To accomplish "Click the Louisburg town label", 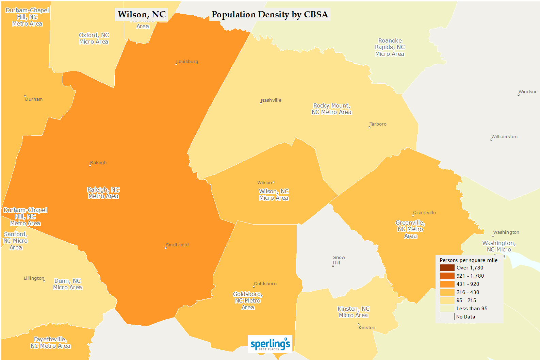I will (187, 62).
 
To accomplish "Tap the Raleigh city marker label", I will (98, 163).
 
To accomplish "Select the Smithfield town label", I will (177, 245).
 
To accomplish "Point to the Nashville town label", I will (271, 100).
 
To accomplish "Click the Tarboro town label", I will (378, 124).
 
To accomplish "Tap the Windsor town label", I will (527, 92).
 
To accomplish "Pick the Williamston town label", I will (504, 137).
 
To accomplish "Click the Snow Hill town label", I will (339, 260).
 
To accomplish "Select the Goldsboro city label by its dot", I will (265, 284).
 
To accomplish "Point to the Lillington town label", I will (34, 278).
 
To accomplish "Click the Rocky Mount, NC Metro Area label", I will (331, 109).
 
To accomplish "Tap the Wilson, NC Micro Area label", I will (274, 195).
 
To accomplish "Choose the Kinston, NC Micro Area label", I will (353, 312).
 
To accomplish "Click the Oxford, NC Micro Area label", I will (94, 38).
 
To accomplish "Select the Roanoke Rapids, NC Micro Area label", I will (390, 47).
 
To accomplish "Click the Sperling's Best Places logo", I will (270, 344).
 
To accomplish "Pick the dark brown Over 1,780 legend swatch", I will (447, 268).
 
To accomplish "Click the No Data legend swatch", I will (447, 317).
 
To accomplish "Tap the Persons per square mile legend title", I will (468, 260).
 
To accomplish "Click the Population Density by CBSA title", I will (269, 15).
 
